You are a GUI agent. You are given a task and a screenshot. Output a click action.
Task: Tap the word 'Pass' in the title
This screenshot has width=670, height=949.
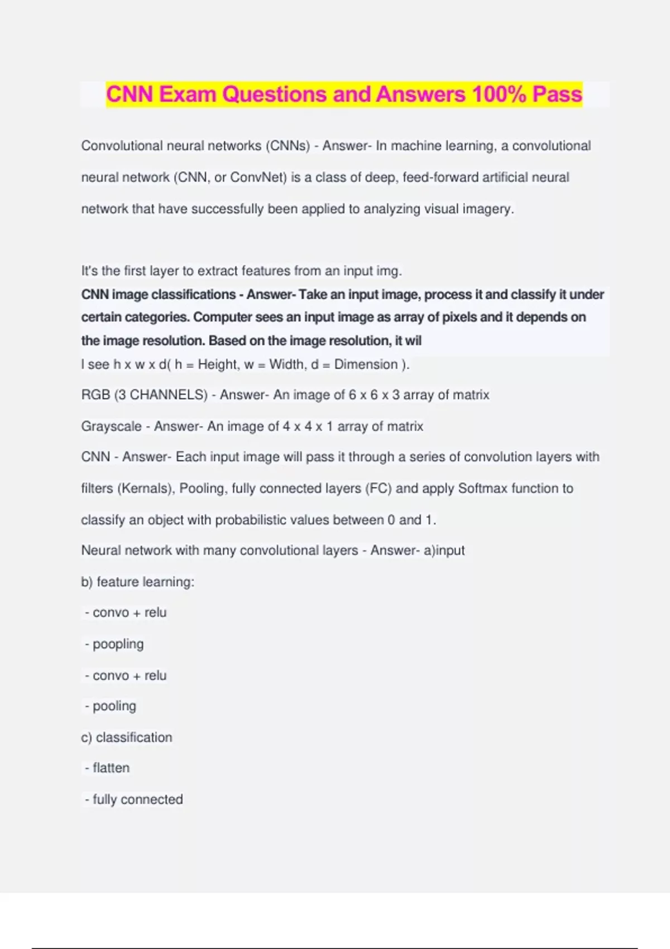pyautogui.click(x=557, y=94)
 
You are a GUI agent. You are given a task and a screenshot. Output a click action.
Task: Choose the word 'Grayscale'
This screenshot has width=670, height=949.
pyautogui.click(x=111, y=426)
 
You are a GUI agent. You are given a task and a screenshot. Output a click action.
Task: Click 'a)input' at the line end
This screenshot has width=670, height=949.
pyautogui.click(x=444, y=550)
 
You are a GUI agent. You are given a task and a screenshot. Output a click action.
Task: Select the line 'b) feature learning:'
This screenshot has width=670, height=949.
pyautogui.click(x=137, y=582)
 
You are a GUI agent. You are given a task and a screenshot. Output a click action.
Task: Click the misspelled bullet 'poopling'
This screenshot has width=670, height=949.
pyautogui.click(x=118, y=644)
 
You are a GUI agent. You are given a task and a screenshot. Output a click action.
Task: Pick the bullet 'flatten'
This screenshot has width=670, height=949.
pyautogui.click(x=111, y=768)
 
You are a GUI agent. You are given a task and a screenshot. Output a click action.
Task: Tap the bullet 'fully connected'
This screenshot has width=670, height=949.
pyautogui.click(x=137, y=799)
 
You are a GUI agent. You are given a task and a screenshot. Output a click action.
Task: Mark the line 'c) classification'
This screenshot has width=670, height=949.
pyautogui.click(x=126, y=737)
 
